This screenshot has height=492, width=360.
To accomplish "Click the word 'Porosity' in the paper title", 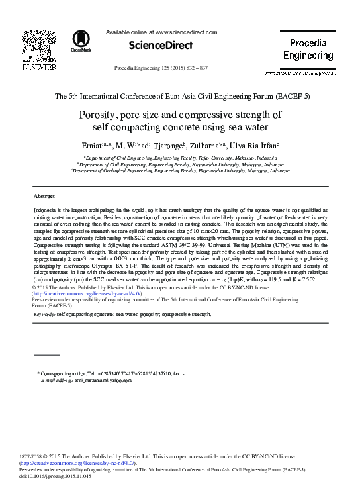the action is click(100, 115).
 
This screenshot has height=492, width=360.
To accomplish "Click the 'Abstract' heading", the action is click(44, 197).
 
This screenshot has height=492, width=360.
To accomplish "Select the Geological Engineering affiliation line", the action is click(180, 170).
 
